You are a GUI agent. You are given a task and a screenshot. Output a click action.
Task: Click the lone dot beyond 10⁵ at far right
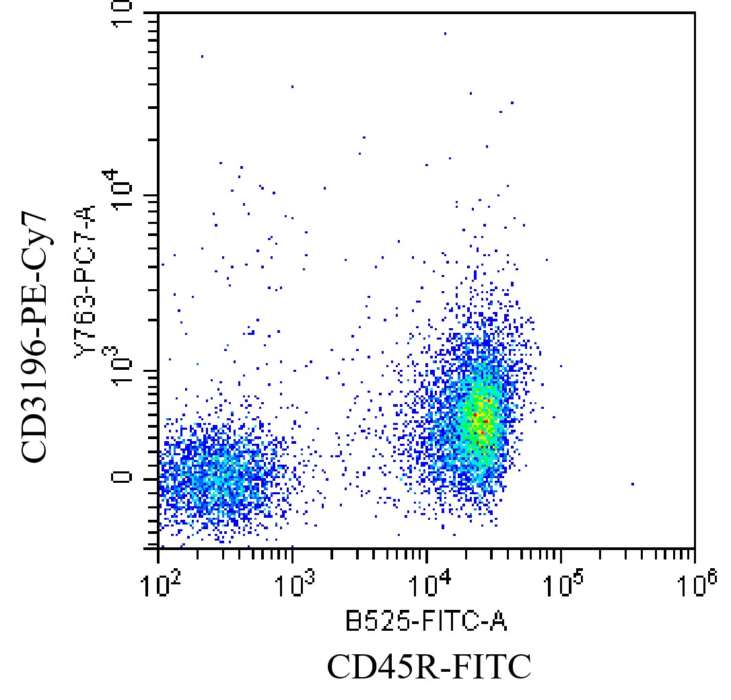[633, 483]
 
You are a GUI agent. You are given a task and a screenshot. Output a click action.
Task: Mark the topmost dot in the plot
[445, 32]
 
